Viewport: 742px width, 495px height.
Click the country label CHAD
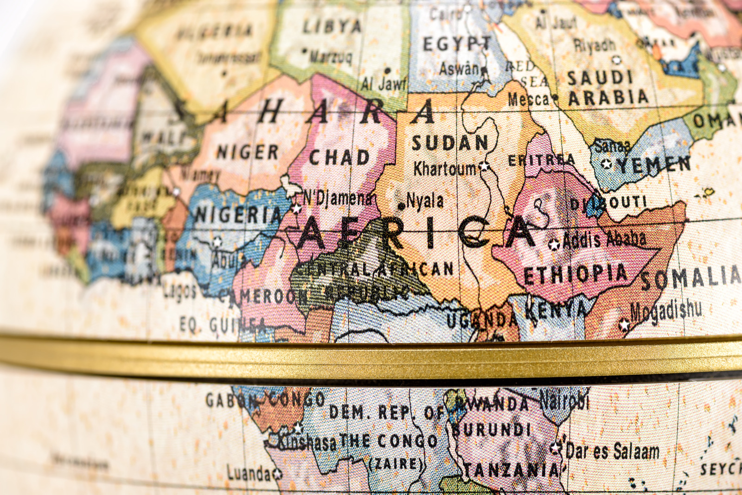pyautogui.click(x=339, y=158)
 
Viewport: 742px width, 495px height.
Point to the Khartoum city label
pyautogui.click(x=445, y=169)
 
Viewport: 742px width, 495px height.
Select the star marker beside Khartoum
pyautogui.click(x=485, y=166)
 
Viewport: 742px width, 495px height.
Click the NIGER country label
pyautogui.click(x=248, y=152)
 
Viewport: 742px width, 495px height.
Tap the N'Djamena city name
pyautogui.click(x=337, y=198)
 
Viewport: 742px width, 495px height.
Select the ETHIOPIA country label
pyautogui.click(x=575, y=274)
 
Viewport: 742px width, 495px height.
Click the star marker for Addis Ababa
pyautogui.click(x=554, y=244)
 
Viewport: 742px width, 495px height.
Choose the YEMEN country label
pyautogui.click(x=654, y=165)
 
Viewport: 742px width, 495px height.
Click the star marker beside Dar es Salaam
pyautogui.click(x=555, y=448)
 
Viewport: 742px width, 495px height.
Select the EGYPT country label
pyautogui.click(x=456, y=44)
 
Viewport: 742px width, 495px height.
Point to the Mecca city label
pyautogui.click(x=528, y=99)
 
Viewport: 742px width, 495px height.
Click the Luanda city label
pyautogui.click(x=249, y=473)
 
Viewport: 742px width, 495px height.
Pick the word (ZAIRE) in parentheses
pyautogui.click(x=397, y=463)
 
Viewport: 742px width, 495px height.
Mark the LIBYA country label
pyautogui.click(x=332, y=26)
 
